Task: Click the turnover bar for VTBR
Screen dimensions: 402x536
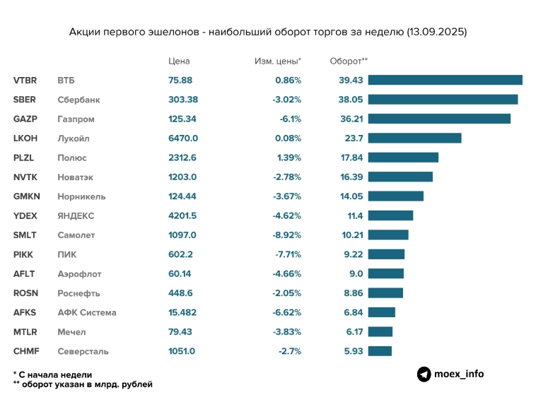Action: [x=445, y=80]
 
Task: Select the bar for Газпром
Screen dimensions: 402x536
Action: [x=438, y=119]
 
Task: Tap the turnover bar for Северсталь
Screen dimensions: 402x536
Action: [x=380, y=350]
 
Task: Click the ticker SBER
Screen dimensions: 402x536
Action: [x=25, y=100]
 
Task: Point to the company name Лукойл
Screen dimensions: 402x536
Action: [x=74, y=138]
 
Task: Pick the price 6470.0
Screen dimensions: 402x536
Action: [x=183, y=138]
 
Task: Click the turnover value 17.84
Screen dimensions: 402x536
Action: [x=351, y=158]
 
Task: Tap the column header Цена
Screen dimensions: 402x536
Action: [x=179, y=61]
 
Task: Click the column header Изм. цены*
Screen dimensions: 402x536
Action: [x=277, y=61]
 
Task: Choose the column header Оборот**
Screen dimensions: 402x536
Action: [x=349, y=61]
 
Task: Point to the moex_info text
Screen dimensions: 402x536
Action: [x=459, y=374]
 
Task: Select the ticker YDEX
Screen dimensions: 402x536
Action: [x=25, y=215]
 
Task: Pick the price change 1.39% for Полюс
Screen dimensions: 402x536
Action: [x=289, y=158]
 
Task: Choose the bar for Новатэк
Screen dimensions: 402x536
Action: [x=400, y=177]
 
